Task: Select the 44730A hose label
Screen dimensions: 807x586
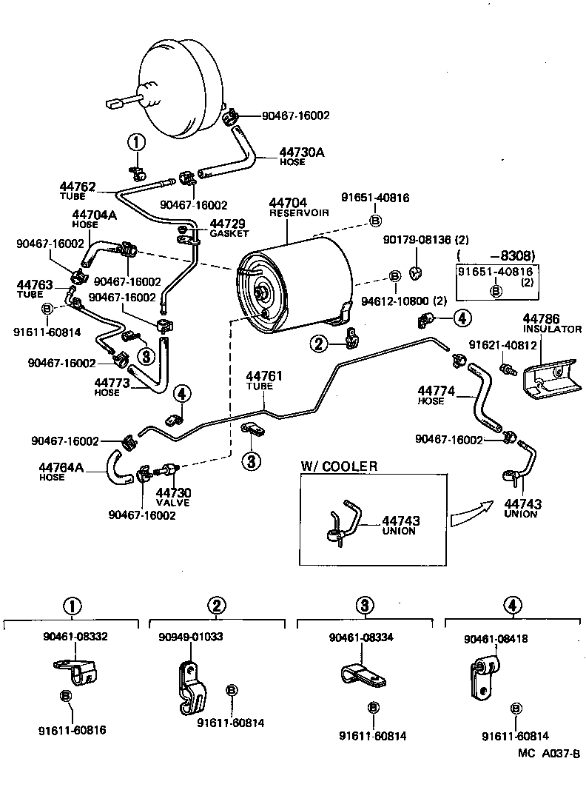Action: click(x=301, y=152)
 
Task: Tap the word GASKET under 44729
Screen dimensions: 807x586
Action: click(x=229, y=233)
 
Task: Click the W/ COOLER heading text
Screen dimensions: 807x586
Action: click(x=339, y=466)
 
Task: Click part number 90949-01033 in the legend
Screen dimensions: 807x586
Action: click(x=190, y=636)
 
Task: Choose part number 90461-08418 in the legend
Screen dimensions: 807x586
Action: click(x=496, y=638)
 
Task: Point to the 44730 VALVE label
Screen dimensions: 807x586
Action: click(x=173, y=493)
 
